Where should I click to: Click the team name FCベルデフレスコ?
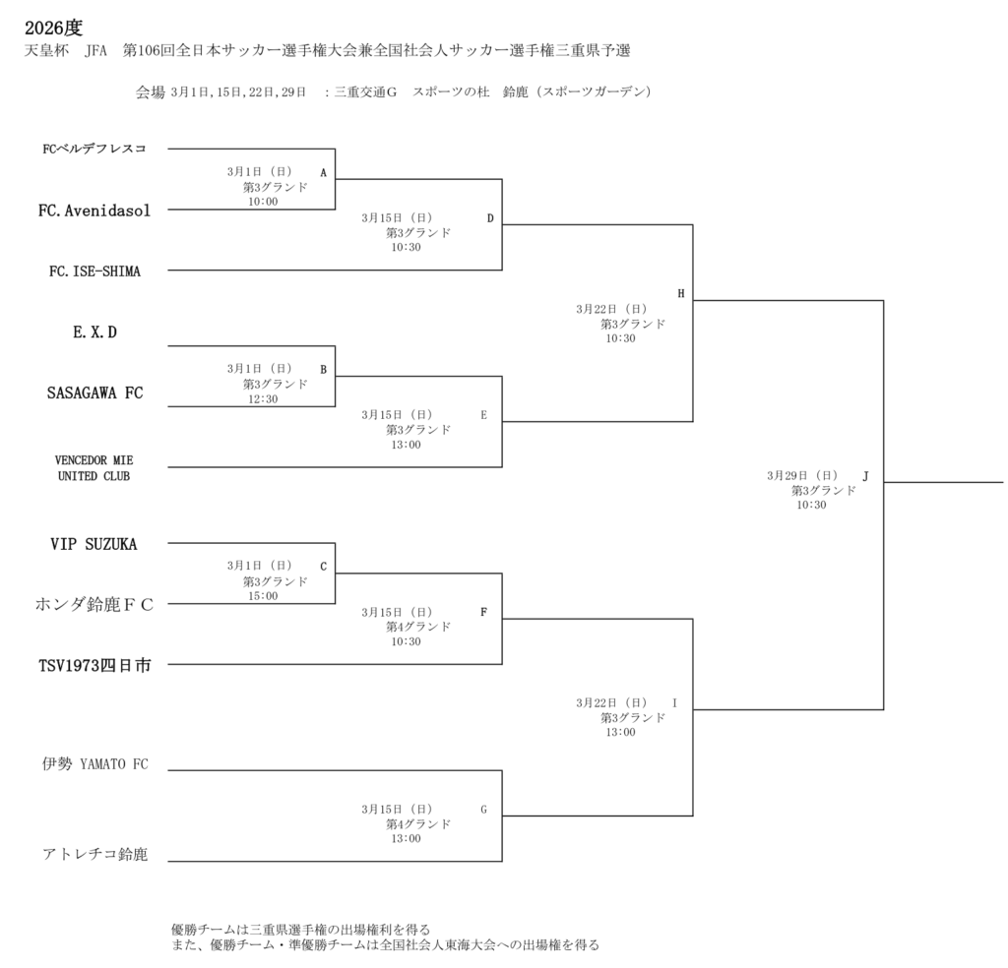tap(94, 150)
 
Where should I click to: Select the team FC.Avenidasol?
tap(94, 210)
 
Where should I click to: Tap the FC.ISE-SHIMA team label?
tap(94, 272)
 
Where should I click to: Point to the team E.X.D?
tap(94, 333)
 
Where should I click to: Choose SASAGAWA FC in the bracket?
tap(94, 393)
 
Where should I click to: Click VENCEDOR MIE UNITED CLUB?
tap(94, 468)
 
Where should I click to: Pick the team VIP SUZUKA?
tap(94, 544)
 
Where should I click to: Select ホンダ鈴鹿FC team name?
tap(94, 605)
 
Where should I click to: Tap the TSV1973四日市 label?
tap(94, 666)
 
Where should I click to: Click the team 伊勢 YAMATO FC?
tap(94, 763)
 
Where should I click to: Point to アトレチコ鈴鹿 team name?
tap(94, 854)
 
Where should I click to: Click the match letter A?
tap(323, 172)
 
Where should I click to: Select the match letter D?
tap(490, 217)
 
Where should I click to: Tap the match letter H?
tap(680, 293)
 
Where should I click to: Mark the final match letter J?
tap(865, 475)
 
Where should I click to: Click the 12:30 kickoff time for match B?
tap(263, 399)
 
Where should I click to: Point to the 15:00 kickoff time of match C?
tap(263, 596)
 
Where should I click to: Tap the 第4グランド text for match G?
tap(418, 823)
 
